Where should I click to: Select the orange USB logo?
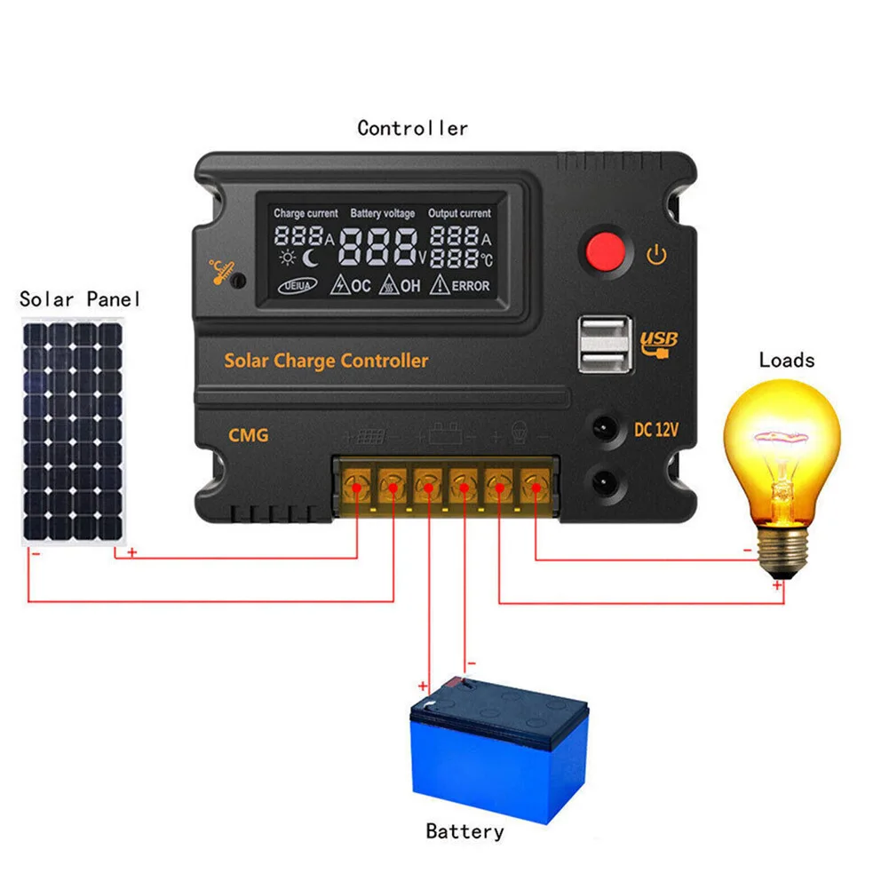(658, 341)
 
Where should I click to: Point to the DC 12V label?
(656, 431)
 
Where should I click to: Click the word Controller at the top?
(412, 128)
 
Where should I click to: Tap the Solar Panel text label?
(80, 299)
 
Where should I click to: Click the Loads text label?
(786, 360)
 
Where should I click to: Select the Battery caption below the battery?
(464, 831)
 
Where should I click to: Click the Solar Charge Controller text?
(326, 361)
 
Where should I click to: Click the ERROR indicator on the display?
(461, 286)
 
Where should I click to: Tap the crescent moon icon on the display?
(310, 258)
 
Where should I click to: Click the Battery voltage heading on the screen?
(382, 214)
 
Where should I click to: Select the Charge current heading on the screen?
(306, 214)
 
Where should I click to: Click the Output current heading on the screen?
(459, 214)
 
